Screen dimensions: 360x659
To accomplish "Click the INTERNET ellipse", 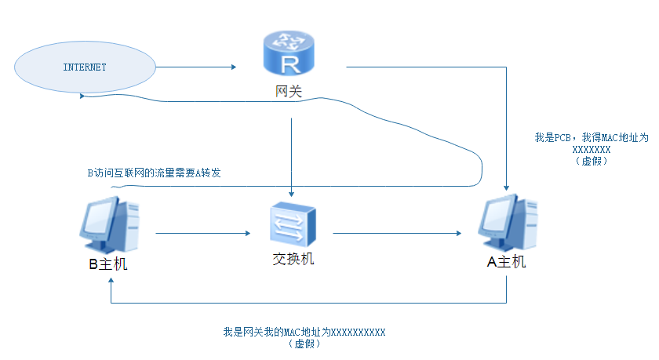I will click(85, 67).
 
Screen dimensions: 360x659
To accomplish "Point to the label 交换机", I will click(292, 258).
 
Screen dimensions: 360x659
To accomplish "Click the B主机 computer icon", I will click(108, 224).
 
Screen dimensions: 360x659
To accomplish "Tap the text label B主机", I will click(108, 264).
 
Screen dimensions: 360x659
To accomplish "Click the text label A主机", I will click(507, 262).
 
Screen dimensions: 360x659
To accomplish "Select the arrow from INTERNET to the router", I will click(196, 67).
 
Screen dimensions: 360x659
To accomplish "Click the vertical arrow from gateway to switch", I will click(292, 157).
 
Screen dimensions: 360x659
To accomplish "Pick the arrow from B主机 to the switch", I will click(202, 233).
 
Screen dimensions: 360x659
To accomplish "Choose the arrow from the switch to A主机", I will click(396, 233).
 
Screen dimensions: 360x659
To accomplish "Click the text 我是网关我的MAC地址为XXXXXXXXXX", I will click(304, 333).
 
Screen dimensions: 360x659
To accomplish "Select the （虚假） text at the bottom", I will click(304, 344).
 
